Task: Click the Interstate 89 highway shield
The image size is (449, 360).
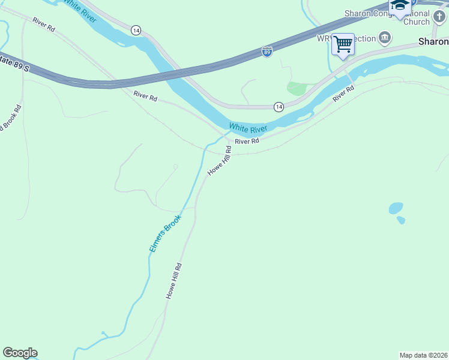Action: pos(267,51)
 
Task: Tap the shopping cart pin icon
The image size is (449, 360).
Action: pos(343,44)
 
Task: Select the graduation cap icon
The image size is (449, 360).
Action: pos(399,7)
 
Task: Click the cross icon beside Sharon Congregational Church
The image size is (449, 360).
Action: pos(440,17)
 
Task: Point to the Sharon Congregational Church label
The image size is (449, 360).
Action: pos(387,17)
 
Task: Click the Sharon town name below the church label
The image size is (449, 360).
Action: pos(433,41)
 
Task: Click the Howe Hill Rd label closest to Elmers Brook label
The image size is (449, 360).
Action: pos(174,281)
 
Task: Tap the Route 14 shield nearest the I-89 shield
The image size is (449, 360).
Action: pos(279,106)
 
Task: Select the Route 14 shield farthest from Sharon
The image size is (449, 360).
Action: pos(136,29)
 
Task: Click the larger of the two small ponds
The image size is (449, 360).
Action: pos(396,208)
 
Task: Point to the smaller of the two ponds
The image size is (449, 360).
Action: pos(401,220)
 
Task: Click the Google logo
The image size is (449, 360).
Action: pos(20,353)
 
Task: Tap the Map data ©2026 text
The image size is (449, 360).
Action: pos(423,355)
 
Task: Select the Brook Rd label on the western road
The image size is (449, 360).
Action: pos(11,119)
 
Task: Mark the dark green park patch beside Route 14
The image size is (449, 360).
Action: pos(296,89)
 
